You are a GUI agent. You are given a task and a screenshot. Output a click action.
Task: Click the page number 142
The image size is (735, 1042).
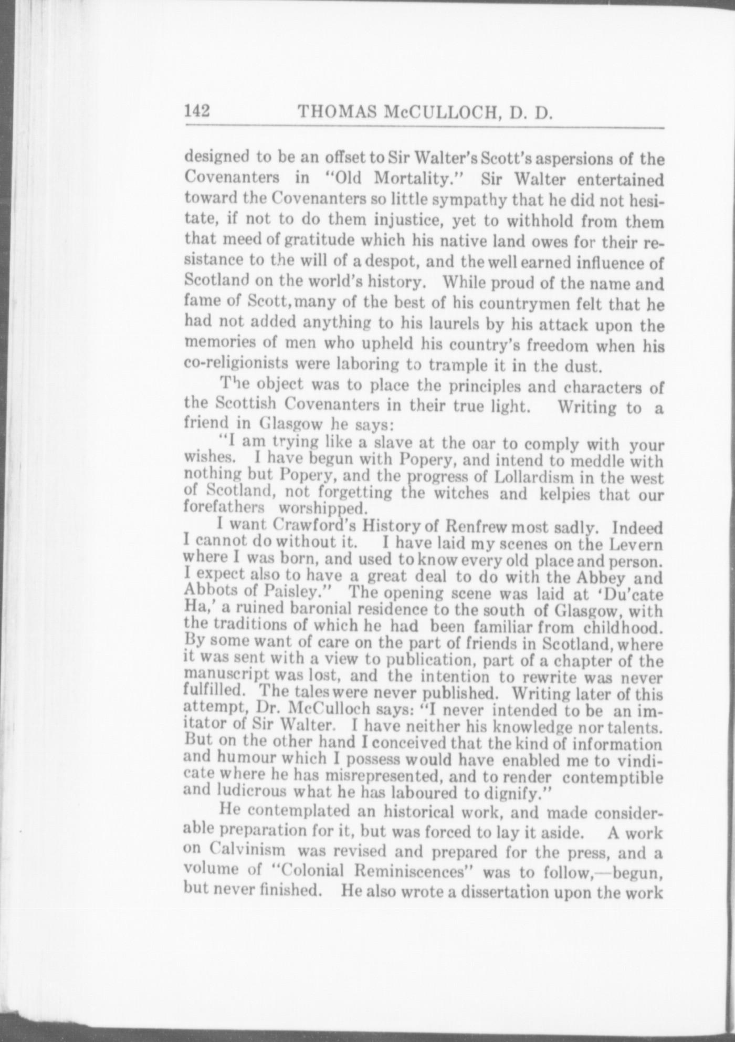click(x=197, y=111)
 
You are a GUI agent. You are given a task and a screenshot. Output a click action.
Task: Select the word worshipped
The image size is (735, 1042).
click(x=321, y=509)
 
